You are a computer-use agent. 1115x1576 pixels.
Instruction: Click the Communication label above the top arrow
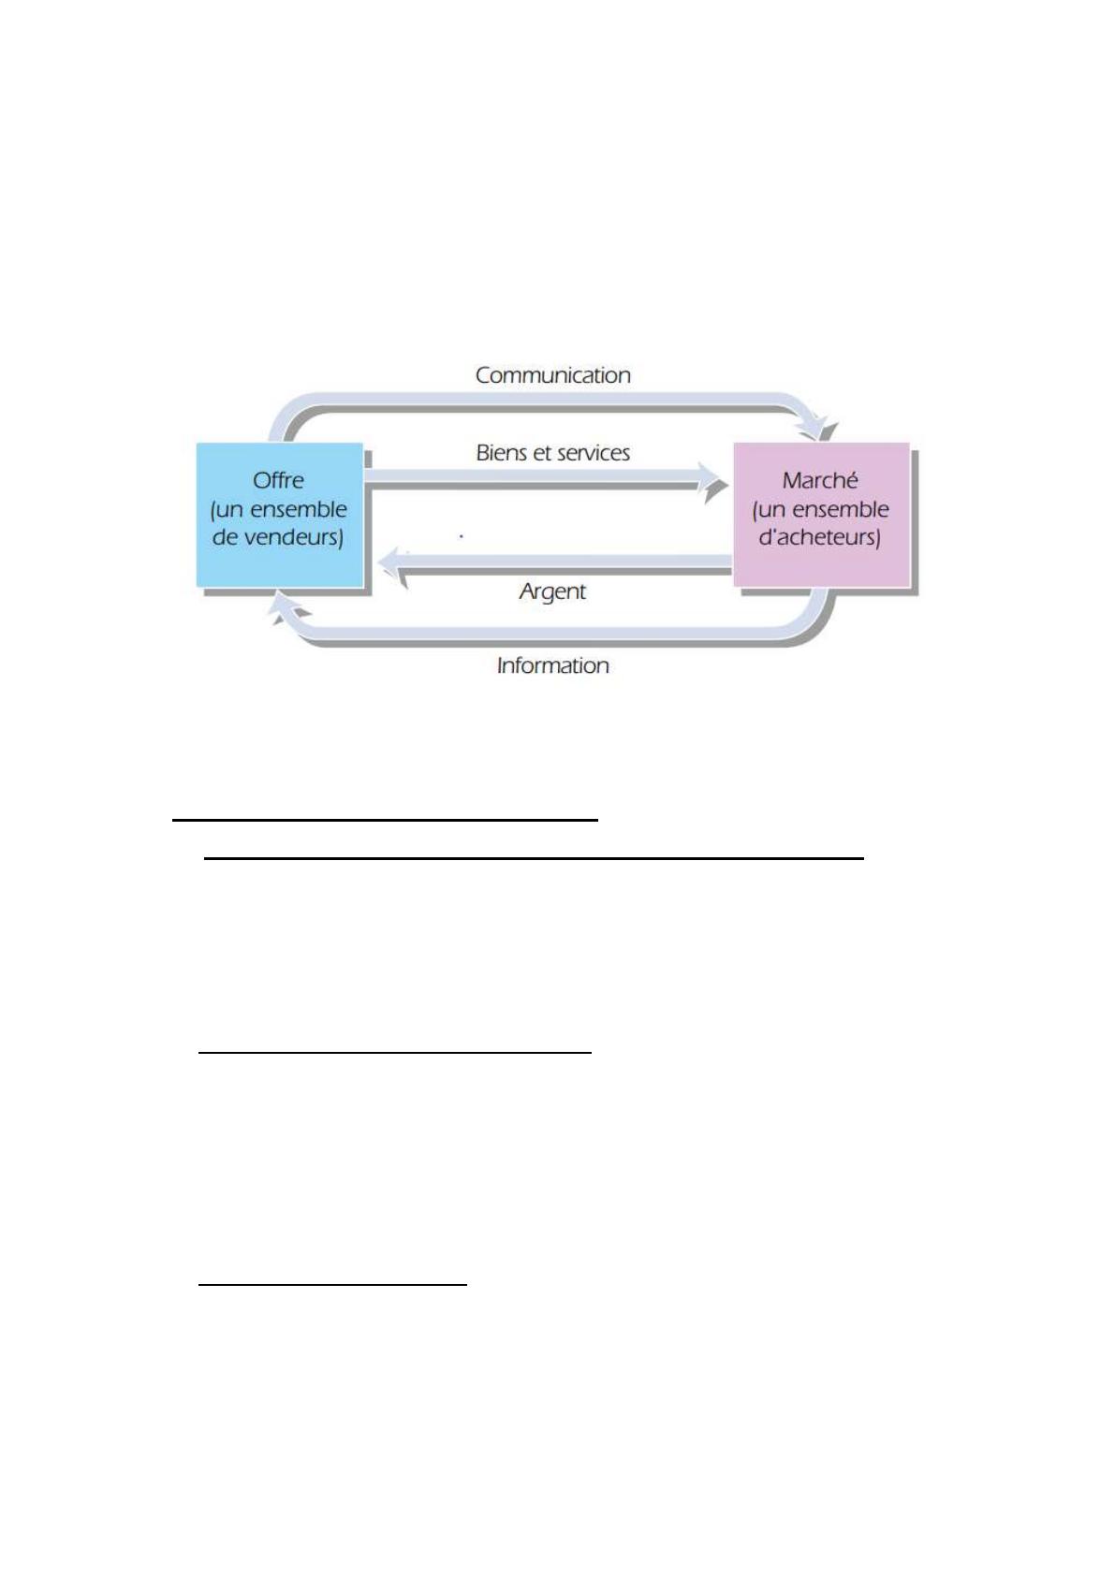tap(552, 375)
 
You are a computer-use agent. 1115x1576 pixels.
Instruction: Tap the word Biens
tap(502, 453)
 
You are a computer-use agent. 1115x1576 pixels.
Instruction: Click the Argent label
tap(552, 591)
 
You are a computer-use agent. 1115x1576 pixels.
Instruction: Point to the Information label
tap(552, 665)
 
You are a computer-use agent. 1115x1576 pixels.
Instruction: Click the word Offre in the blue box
tap(278, 480)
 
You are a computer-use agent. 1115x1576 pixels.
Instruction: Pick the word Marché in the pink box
tap(820, 480)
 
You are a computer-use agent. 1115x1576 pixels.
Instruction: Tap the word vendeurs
tap(293, 537)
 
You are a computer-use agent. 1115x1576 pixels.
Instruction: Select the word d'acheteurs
tap(819, 537)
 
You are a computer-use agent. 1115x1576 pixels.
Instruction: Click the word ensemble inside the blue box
tap(299, 509)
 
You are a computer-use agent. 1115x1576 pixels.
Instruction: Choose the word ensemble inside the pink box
tap(840, 509)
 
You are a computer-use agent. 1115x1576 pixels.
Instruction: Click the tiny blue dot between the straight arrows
tap(462, 536)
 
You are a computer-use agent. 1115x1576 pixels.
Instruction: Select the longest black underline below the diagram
tap(534, 857)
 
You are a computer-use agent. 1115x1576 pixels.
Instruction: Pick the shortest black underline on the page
tap(332, 1285)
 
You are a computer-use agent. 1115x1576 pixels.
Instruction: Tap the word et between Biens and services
tap(540, 453)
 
